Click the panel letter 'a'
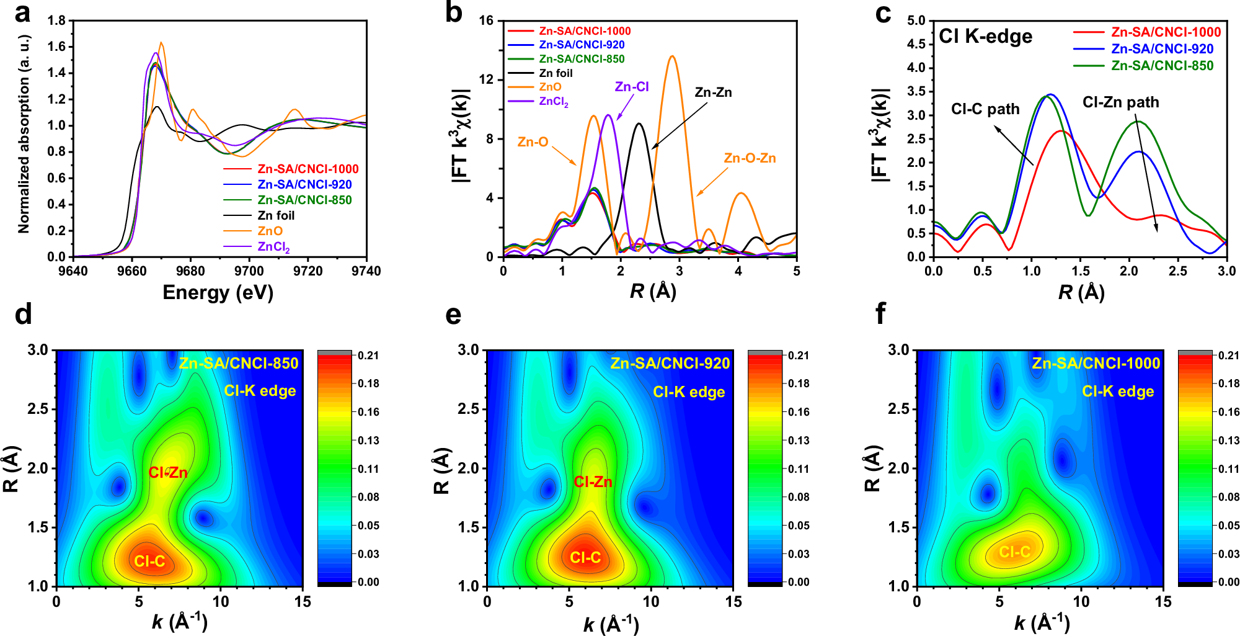pos(23,14)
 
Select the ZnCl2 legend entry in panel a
pos(273,247)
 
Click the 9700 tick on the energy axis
pos(249,271)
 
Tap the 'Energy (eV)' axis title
pos(218,292)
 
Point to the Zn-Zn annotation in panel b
pos(713,92)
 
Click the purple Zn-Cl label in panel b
pos(631,87)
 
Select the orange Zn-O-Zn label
pos(750,158)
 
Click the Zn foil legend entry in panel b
pos(556,73)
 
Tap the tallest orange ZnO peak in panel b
pos(672,57)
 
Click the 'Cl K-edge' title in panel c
pos(985,37)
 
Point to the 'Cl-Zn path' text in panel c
pos(1120,102)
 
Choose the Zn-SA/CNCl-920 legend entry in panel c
pos(1162,49)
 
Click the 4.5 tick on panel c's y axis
pos(917,44)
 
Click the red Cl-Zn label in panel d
pos(168,473)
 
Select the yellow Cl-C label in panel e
pos(585,558)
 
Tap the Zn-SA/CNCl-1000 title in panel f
pos(1096,364)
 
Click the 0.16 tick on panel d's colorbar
pos(368,412)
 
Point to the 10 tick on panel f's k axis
pos(1081,601)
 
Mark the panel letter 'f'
pos(880,314)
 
